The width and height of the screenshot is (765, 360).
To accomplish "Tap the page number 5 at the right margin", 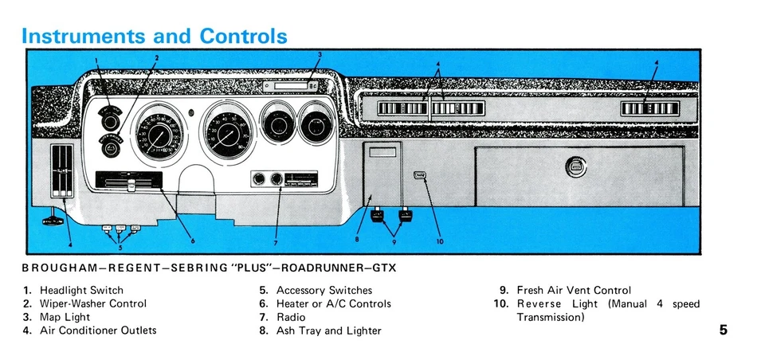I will coord(723,331).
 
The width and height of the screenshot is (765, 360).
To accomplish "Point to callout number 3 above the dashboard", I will coord(319,55).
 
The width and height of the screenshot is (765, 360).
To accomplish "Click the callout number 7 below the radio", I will coord(276,242).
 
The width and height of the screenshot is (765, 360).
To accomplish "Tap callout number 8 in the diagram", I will coord(358,238).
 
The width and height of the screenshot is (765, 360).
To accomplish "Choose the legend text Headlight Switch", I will coord(81,291).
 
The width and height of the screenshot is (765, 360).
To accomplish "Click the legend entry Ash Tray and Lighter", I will coord(328,331).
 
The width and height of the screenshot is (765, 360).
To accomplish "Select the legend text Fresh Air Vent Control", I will coord(573,291).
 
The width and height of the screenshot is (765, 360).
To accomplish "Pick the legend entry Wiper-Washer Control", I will coord(92,303).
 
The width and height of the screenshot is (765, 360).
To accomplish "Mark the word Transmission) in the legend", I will coord(550,317).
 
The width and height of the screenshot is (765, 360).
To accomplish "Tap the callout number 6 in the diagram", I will coord(192,241).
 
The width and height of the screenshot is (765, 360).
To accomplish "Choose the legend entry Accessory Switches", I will coord(324,291).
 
